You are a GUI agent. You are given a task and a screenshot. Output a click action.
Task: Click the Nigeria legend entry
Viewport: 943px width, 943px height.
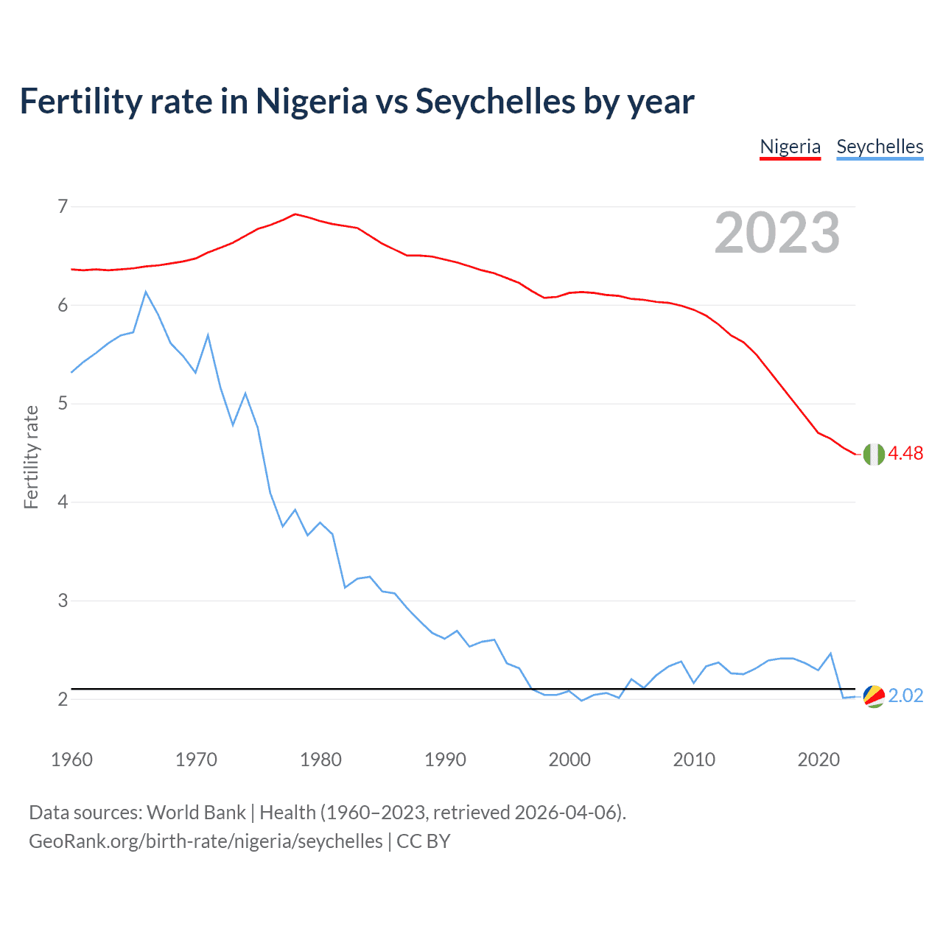[790, 147]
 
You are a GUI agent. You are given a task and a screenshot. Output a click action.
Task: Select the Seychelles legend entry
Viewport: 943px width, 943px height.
[880, 147]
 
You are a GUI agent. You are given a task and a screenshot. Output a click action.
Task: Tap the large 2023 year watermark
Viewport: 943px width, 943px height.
[777, 233]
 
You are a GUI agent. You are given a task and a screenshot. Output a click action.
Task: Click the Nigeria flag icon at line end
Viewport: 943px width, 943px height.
[874, 455]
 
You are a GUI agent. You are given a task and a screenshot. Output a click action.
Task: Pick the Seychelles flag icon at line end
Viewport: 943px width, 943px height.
[874, 696]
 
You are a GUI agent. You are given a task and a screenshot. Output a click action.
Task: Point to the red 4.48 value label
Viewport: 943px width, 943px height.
[905, 454]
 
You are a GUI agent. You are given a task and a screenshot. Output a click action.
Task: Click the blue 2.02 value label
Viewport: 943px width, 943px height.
[905, 696]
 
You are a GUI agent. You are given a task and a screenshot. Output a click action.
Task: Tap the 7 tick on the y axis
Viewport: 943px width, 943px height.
[63, 206]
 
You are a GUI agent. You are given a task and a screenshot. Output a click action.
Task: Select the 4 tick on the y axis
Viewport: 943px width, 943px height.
[63, 502]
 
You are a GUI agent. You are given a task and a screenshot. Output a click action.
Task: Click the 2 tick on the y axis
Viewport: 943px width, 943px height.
[63, 699]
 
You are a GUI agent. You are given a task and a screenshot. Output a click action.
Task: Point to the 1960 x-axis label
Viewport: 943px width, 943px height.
[71, 760]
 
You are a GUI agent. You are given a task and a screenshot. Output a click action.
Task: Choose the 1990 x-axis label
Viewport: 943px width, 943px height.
[445, 760]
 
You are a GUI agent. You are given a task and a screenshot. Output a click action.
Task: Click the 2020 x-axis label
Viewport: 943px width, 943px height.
[818, 760]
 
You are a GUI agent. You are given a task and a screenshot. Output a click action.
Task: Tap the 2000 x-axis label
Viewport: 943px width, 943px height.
[569, 760]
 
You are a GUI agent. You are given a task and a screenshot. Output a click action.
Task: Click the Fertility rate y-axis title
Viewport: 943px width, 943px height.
[31, 457]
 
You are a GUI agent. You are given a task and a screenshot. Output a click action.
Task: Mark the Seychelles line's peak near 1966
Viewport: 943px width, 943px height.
[146, 292]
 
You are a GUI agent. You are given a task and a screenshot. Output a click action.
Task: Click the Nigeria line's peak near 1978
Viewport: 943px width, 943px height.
[295, 214]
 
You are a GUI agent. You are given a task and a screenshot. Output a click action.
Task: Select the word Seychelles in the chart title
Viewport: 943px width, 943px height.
[495, 102]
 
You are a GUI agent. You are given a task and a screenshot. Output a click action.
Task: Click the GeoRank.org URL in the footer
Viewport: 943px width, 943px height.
[206, 841]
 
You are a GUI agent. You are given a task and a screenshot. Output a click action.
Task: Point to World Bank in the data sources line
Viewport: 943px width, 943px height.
[196, 813]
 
